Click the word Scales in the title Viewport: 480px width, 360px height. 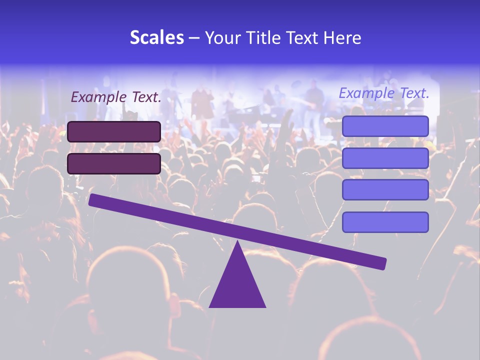coord(156,38)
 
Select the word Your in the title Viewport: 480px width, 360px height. coord(223,38)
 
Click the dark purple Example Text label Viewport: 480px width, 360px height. coord(116,97)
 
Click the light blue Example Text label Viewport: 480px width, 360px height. coord(384,93)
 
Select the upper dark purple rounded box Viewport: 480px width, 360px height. coord(114,131)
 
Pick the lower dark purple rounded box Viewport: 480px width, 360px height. coord(114,163)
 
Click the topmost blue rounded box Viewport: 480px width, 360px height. coord(385,126)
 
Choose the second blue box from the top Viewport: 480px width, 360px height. coord(385,158)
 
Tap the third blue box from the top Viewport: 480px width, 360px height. coord(385,190)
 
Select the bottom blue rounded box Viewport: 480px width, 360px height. coord(385,222)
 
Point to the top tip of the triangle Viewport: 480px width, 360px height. coord(237,242)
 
